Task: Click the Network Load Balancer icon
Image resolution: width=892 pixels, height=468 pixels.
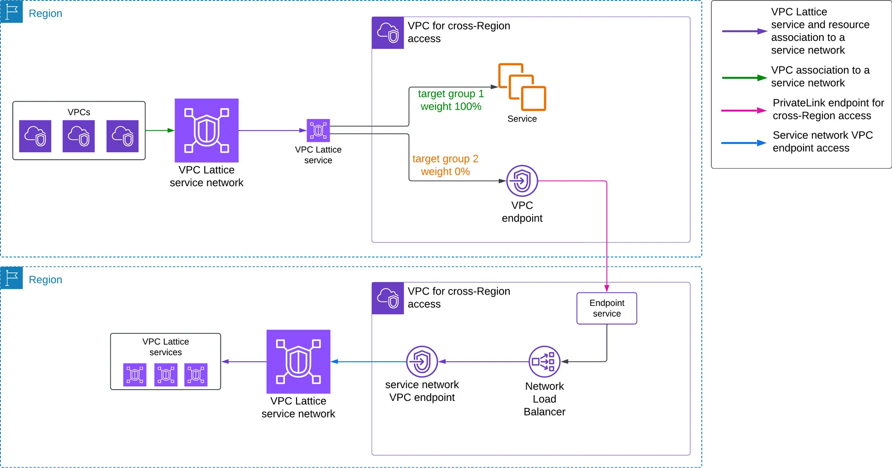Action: pos(544,361)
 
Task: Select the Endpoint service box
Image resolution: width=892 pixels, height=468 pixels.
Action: pos(607,308)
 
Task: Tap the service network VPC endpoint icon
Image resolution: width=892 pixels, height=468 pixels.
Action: pos(422,361)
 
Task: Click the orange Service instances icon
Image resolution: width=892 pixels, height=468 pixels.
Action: pos(522,87)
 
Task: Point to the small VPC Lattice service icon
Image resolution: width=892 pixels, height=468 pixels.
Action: pos(318,130)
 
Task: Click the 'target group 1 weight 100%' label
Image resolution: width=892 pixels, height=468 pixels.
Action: pos(451,100)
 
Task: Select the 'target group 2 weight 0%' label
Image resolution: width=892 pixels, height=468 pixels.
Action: pos(445,165)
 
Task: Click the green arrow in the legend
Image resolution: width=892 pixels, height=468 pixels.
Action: pos(744,78)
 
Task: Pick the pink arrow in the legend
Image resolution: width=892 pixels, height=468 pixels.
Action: pos(743,111)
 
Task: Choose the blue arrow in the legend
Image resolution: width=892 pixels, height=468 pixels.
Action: pos(743,143)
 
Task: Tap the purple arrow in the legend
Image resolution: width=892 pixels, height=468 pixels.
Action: pos(744,31)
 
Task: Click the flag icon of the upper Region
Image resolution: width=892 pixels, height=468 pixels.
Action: pos(12,11)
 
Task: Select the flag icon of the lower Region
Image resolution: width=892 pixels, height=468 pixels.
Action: pos(12,278)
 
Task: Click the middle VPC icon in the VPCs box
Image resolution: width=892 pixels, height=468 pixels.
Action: pos(78,136)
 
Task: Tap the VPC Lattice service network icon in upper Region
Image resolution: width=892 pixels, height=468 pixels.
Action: pos(206,130)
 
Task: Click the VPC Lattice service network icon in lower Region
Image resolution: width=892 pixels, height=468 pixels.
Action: pos(298,362)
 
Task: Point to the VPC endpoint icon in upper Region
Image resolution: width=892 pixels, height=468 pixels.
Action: pos(522,181)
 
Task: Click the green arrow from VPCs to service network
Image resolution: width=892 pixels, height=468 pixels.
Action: pos(160,130)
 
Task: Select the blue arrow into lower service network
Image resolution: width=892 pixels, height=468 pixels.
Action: pos(368,362)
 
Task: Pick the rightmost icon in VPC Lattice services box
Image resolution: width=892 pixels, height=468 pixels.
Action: pos(196,375)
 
